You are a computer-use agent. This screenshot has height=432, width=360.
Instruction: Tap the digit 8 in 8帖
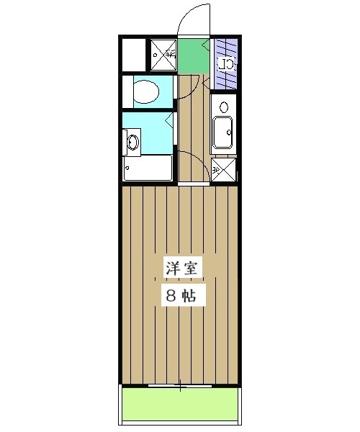[170, 294]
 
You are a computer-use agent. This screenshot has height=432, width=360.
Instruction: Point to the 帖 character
[193, 294]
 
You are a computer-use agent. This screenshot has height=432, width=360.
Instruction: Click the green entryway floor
[192, 56]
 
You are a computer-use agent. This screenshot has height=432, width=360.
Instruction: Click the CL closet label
[227, 63]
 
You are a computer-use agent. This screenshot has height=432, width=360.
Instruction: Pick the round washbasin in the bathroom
[132, 141]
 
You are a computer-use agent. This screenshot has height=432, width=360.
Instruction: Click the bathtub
[148, 168]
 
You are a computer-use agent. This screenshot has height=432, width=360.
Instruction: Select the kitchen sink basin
[223, 132]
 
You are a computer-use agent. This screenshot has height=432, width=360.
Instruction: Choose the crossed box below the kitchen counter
[223, 169]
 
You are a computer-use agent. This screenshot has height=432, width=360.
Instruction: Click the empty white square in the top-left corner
[133, 54]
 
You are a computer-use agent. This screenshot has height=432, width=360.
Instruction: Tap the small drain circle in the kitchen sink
[228, 132]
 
